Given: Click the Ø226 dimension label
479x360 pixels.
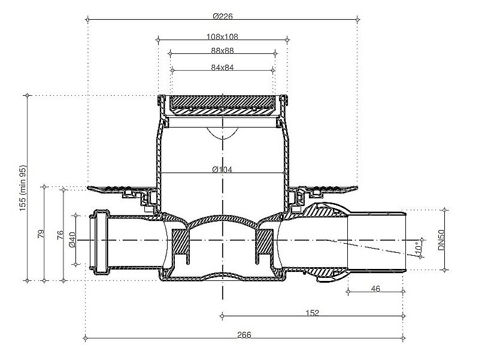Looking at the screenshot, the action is pos(223,16).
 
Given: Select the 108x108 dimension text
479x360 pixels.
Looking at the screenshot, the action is pos(222,37).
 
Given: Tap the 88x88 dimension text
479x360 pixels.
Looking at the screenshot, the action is pos(222,50).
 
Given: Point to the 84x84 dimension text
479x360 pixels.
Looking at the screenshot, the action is pos(222,68).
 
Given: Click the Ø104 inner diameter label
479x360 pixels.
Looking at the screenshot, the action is pos(222,169).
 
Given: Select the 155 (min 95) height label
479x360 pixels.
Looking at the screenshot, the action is pos(23,188).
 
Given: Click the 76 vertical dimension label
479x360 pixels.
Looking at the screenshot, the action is pos(60,235).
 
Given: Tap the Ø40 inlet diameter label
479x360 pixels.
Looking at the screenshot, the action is pos(72,240).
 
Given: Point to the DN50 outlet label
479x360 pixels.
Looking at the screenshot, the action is pos(441,240).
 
